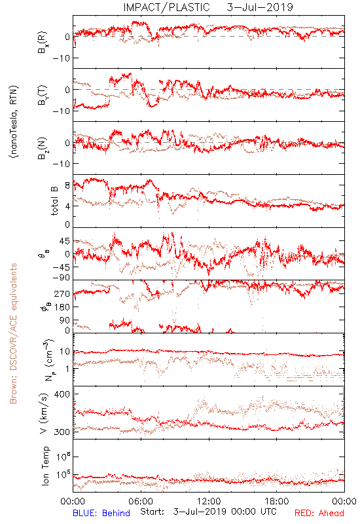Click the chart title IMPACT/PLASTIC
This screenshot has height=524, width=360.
166,7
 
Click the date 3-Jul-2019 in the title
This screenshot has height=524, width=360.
260,7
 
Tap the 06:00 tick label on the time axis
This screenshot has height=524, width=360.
141,501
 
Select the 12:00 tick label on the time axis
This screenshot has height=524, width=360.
209,501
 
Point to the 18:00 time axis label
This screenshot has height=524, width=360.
277,501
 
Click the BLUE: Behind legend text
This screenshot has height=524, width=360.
101,513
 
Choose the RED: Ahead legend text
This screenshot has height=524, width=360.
319,513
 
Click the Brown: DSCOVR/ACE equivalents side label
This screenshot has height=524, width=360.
13,333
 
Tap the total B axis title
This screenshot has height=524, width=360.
54,200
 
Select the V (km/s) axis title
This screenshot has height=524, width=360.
44,413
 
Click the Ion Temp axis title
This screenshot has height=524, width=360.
45,466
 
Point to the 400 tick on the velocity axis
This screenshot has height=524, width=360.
62,394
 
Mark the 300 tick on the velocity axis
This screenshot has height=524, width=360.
62,432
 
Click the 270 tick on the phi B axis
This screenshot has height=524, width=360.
62,293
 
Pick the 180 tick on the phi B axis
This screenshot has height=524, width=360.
62,307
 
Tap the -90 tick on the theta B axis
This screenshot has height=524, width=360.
61,278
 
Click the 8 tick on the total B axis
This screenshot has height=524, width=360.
67,185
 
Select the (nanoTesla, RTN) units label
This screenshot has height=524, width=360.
14,122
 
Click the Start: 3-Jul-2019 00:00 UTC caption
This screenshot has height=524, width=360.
208,512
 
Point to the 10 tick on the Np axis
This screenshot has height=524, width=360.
65,352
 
